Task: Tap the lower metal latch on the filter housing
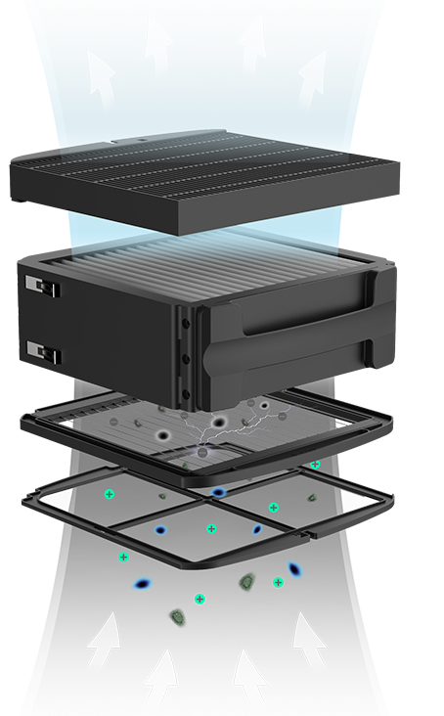tap(38, 349)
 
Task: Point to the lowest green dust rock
tap(178, 616)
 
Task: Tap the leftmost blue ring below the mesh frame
tap(143, 584)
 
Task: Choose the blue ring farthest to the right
tap(293, 568)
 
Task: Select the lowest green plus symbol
tap(200, 598)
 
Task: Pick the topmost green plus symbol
tap(315, 465)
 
